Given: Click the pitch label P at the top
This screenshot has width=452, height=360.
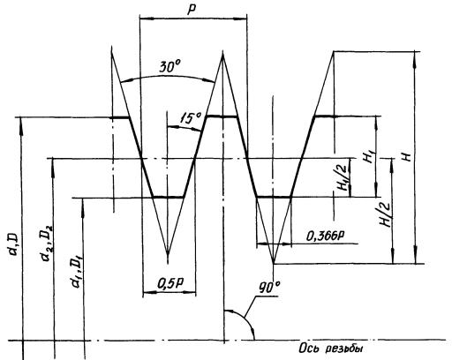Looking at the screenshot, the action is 192,10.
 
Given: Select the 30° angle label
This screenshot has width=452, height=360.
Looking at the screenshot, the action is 170,67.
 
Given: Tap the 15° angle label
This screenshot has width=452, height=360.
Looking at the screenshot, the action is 190,118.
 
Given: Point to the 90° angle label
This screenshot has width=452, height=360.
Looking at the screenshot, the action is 269,288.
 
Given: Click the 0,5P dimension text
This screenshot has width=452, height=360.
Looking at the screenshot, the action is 170,283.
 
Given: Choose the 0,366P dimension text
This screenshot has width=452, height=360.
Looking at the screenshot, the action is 326,236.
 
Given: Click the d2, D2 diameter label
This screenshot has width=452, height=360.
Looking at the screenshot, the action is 47,243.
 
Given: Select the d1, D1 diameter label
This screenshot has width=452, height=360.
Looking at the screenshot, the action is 76,272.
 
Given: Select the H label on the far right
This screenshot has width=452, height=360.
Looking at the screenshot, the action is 407,157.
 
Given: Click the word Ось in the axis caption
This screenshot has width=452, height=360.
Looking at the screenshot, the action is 309,349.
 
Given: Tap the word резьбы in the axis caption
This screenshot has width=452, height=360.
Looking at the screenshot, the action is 344,349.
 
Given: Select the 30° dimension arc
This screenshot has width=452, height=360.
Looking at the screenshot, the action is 168,77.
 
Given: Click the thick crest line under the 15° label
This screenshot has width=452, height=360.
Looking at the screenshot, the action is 222,116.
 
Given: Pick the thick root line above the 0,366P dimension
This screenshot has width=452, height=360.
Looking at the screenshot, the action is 274,197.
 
